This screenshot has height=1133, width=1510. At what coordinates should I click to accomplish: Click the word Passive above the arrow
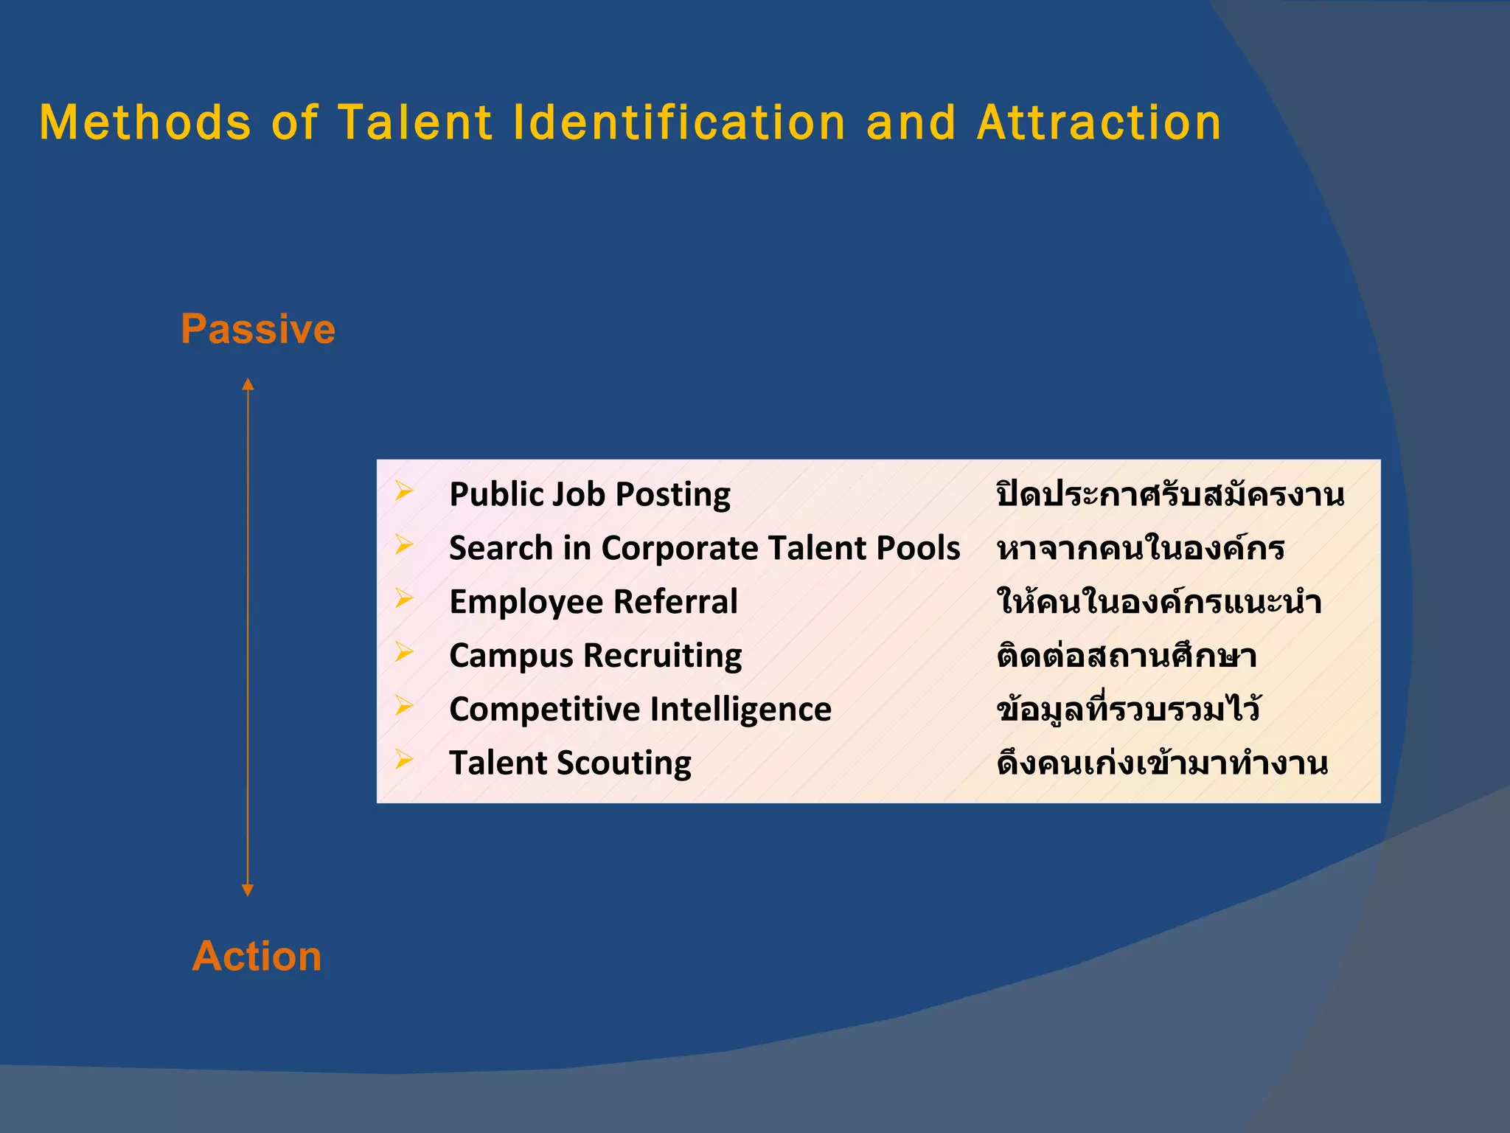258,329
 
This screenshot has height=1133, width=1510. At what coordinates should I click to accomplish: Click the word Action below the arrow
257,957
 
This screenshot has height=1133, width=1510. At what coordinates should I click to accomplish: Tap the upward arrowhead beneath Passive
248,384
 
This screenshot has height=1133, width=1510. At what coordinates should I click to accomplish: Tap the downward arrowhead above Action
248,890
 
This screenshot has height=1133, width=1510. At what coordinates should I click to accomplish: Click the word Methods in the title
145,122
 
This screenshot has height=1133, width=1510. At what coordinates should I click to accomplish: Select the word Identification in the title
678,122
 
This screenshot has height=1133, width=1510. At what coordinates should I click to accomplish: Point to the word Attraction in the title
1099,122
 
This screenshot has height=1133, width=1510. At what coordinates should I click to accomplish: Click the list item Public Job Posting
589,494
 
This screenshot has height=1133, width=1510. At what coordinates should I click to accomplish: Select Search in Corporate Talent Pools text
704,548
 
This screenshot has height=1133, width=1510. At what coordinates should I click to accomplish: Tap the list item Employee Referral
593,602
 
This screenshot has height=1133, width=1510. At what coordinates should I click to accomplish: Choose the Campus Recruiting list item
595,656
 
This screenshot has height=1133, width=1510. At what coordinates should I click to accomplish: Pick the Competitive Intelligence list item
640,710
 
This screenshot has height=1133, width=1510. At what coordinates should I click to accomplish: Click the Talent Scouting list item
570,763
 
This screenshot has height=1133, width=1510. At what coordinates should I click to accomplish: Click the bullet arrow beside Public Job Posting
403,491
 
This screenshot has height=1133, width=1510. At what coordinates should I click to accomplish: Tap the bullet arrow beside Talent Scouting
403,759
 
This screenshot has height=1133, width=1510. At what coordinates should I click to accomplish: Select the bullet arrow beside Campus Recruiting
403,652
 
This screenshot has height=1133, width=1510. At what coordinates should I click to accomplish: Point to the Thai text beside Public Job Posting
1170,494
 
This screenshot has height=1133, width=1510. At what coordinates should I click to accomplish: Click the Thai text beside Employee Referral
1158,602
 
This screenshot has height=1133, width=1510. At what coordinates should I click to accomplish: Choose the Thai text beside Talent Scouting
1162,763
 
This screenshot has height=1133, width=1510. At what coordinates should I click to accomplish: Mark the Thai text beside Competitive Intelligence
1128,710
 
